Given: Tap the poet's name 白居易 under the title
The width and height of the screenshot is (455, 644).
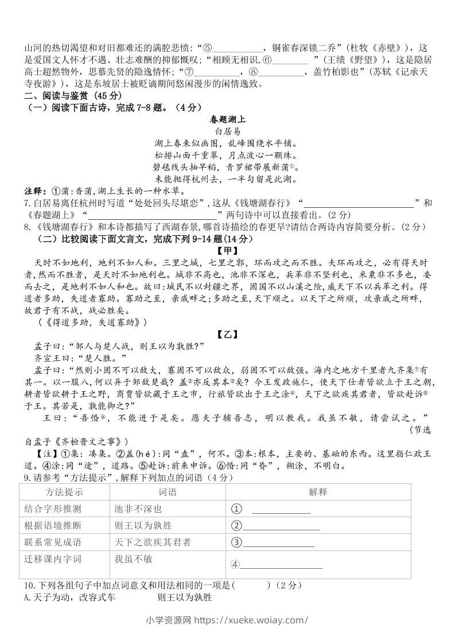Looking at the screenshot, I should (x=227, y=131).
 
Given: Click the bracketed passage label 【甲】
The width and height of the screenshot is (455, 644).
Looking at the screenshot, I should (x=227, y=250).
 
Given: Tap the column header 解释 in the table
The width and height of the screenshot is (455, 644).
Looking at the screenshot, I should (x=317, y=492).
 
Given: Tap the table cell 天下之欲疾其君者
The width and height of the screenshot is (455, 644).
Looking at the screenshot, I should (x=153, y=542).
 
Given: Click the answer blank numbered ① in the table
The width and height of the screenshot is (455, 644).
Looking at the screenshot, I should (x=281, y=510).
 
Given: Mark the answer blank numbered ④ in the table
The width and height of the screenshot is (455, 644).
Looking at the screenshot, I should (x=281, y=565).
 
